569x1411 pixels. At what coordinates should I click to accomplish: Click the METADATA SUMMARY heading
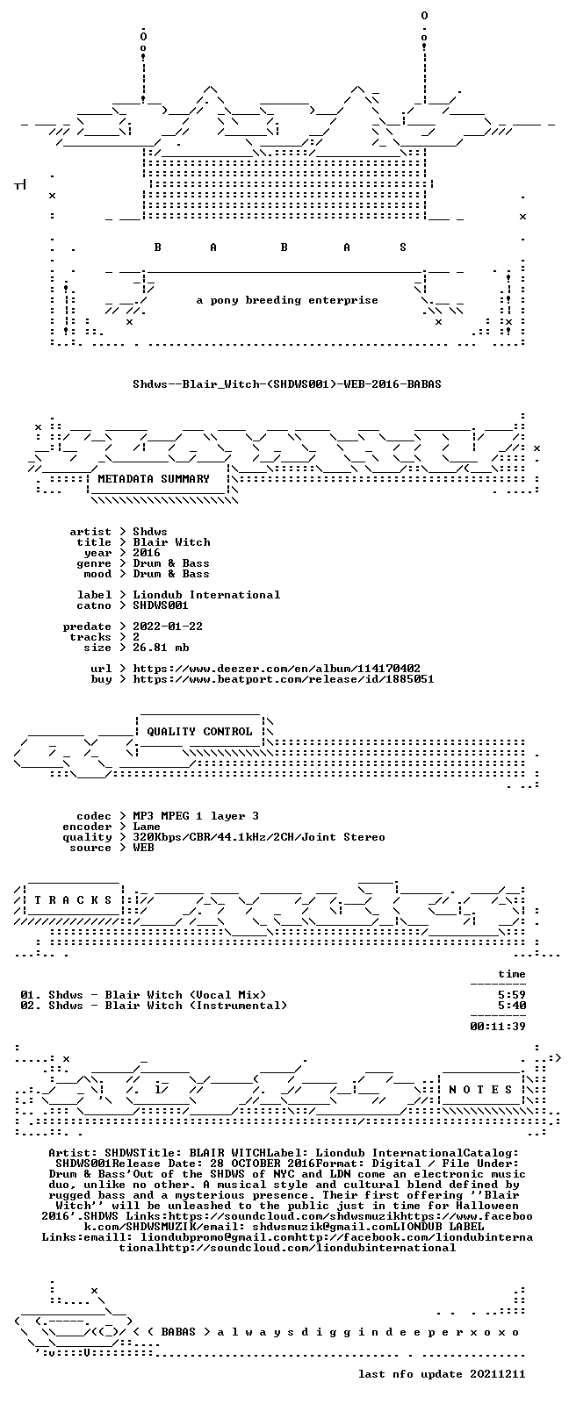click(x=153, y=479)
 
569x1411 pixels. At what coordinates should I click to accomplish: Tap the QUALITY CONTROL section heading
click(x=199, y=731)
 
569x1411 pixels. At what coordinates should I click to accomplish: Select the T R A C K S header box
click(x=73, y=900)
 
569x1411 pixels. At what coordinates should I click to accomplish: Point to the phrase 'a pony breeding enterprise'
click(x=287, y=300)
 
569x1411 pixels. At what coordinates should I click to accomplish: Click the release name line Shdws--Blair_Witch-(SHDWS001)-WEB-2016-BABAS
click(x=287, y=383)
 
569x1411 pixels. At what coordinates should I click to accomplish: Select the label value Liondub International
click(x=206, y=595)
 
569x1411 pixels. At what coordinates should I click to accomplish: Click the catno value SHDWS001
click(x=160, y=605)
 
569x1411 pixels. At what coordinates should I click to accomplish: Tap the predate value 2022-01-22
click(x=168, y=627)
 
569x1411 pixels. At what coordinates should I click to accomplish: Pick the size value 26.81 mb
click(x=161, y=648)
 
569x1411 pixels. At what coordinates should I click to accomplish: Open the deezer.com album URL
click(x=277, y=669)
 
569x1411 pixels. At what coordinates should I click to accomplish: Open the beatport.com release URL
click(x=284, y=679)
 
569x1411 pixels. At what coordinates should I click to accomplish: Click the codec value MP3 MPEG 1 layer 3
click(x=195, y=816)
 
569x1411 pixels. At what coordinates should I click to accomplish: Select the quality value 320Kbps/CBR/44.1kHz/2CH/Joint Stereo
click(x=259, y=837)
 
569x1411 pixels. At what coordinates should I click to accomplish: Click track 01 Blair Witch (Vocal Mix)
click(x=144, y=994)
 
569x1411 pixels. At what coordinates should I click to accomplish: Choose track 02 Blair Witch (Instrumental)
click(x=154, y=1006)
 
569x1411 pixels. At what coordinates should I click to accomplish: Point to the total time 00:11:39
click(x=498, y=1026)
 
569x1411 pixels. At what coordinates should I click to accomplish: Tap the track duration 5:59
click(x=512, y=994)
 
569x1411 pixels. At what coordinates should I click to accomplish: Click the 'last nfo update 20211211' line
click(x=442, y=1374)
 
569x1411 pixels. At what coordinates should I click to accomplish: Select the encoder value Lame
click(x=146, y=827)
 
